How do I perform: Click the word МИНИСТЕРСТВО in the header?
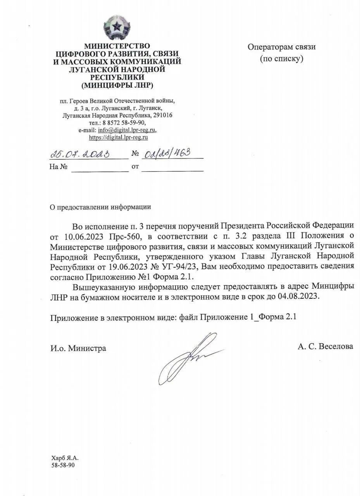point(117,46)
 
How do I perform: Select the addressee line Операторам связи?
point(282,47)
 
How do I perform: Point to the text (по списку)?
point(281,59)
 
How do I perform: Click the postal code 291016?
point(163,115)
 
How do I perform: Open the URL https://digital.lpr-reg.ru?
point(119,137)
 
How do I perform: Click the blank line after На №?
point(100,167)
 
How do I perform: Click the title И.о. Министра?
point(78,348)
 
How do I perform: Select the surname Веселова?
point(336,346)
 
